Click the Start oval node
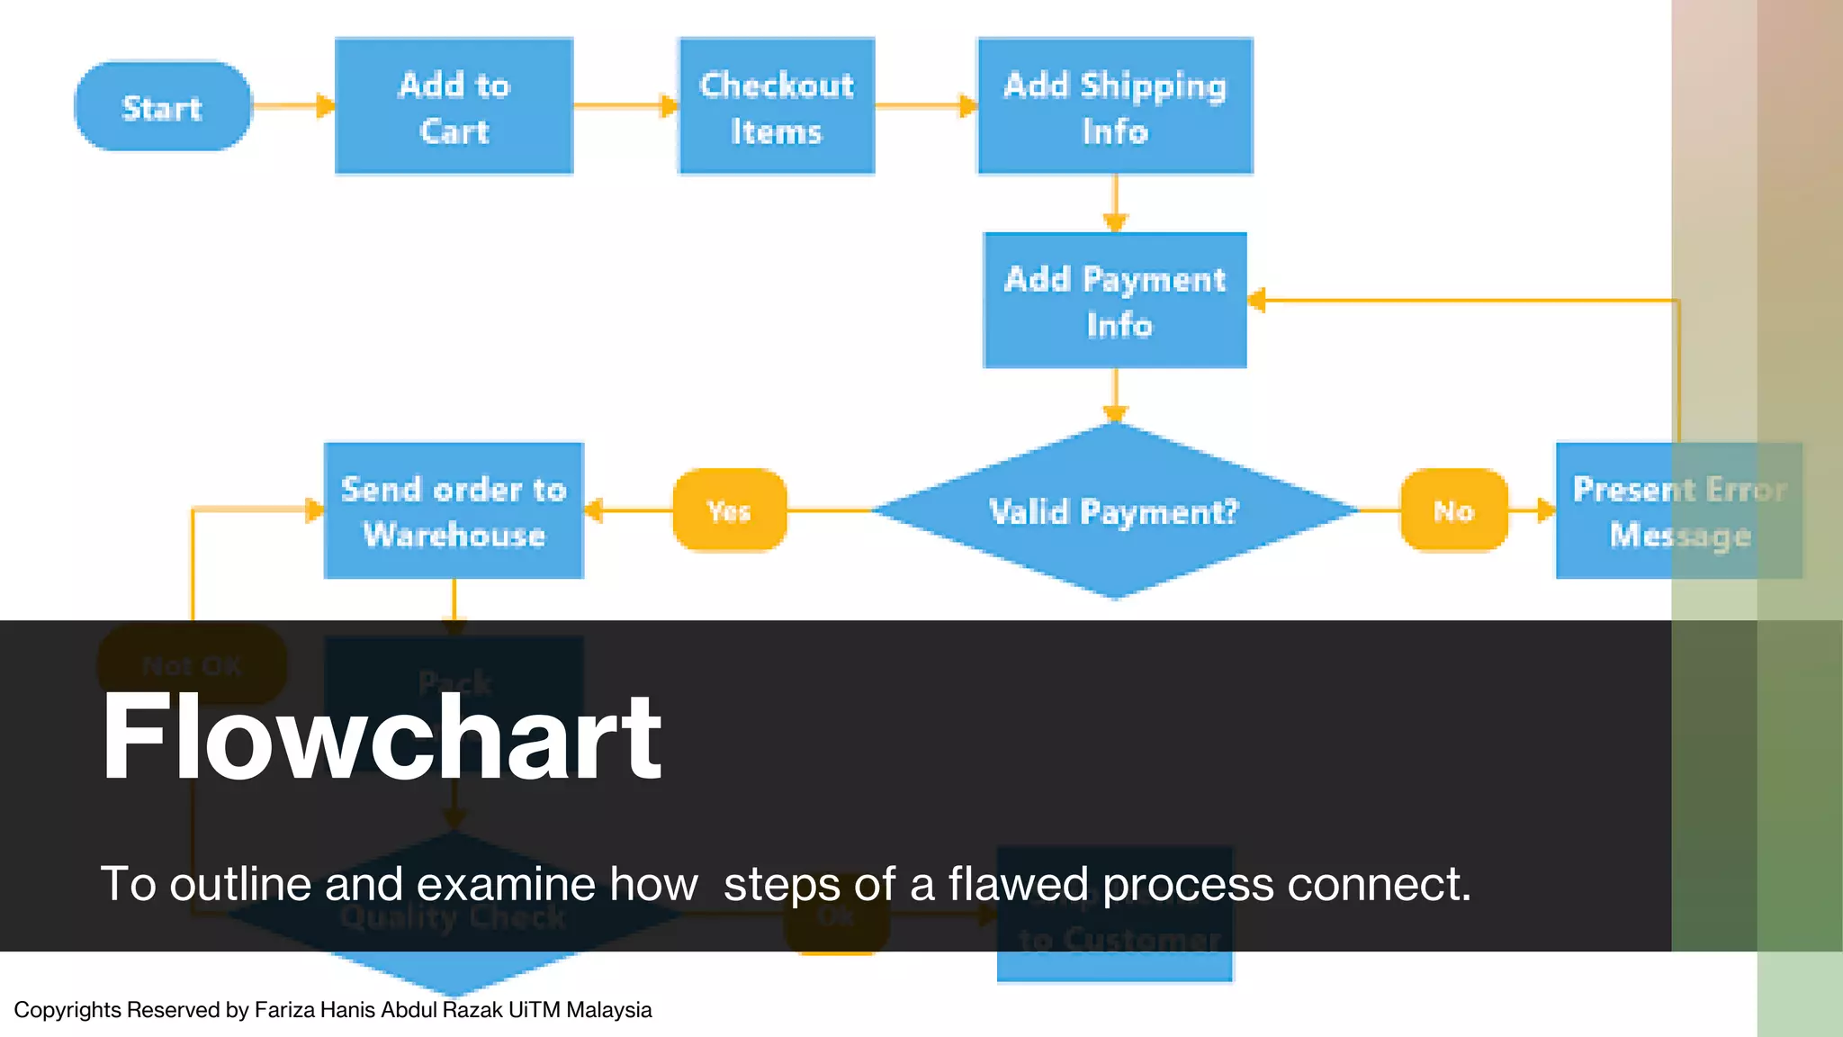163,106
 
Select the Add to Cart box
454,106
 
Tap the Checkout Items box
776,106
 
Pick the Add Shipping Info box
1115,106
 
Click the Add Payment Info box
1115,301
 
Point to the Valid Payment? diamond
1115,511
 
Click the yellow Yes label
729,510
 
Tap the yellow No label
1453,510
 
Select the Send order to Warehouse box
454,510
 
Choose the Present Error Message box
1678,510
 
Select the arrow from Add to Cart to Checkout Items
625,106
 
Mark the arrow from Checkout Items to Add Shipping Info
925,106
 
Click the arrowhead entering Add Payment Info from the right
1258,301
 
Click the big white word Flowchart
382,736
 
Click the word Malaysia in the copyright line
608,1010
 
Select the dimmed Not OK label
192,665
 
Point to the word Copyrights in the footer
67,1010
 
